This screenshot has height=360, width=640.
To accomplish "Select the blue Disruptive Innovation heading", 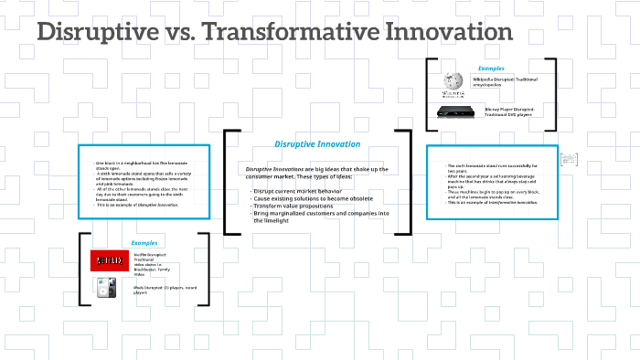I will click(x=317, y=143).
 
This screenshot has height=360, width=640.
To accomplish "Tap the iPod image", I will click(x=106, y=291).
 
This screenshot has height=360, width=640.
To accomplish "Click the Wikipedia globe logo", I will click(x=453, y=83).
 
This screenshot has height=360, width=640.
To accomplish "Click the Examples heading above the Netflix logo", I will click(x=144, y=243).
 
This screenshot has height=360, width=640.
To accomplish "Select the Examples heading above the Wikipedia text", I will click(x=491, y=69).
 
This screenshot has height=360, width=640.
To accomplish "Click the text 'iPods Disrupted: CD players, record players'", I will click(x=165, y=290).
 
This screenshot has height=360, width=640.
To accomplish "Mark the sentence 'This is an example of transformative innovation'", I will click(x=493, y=202).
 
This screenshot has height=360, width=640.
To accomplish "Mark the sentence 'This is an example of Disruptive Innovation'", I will click(x=138, y=205).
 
